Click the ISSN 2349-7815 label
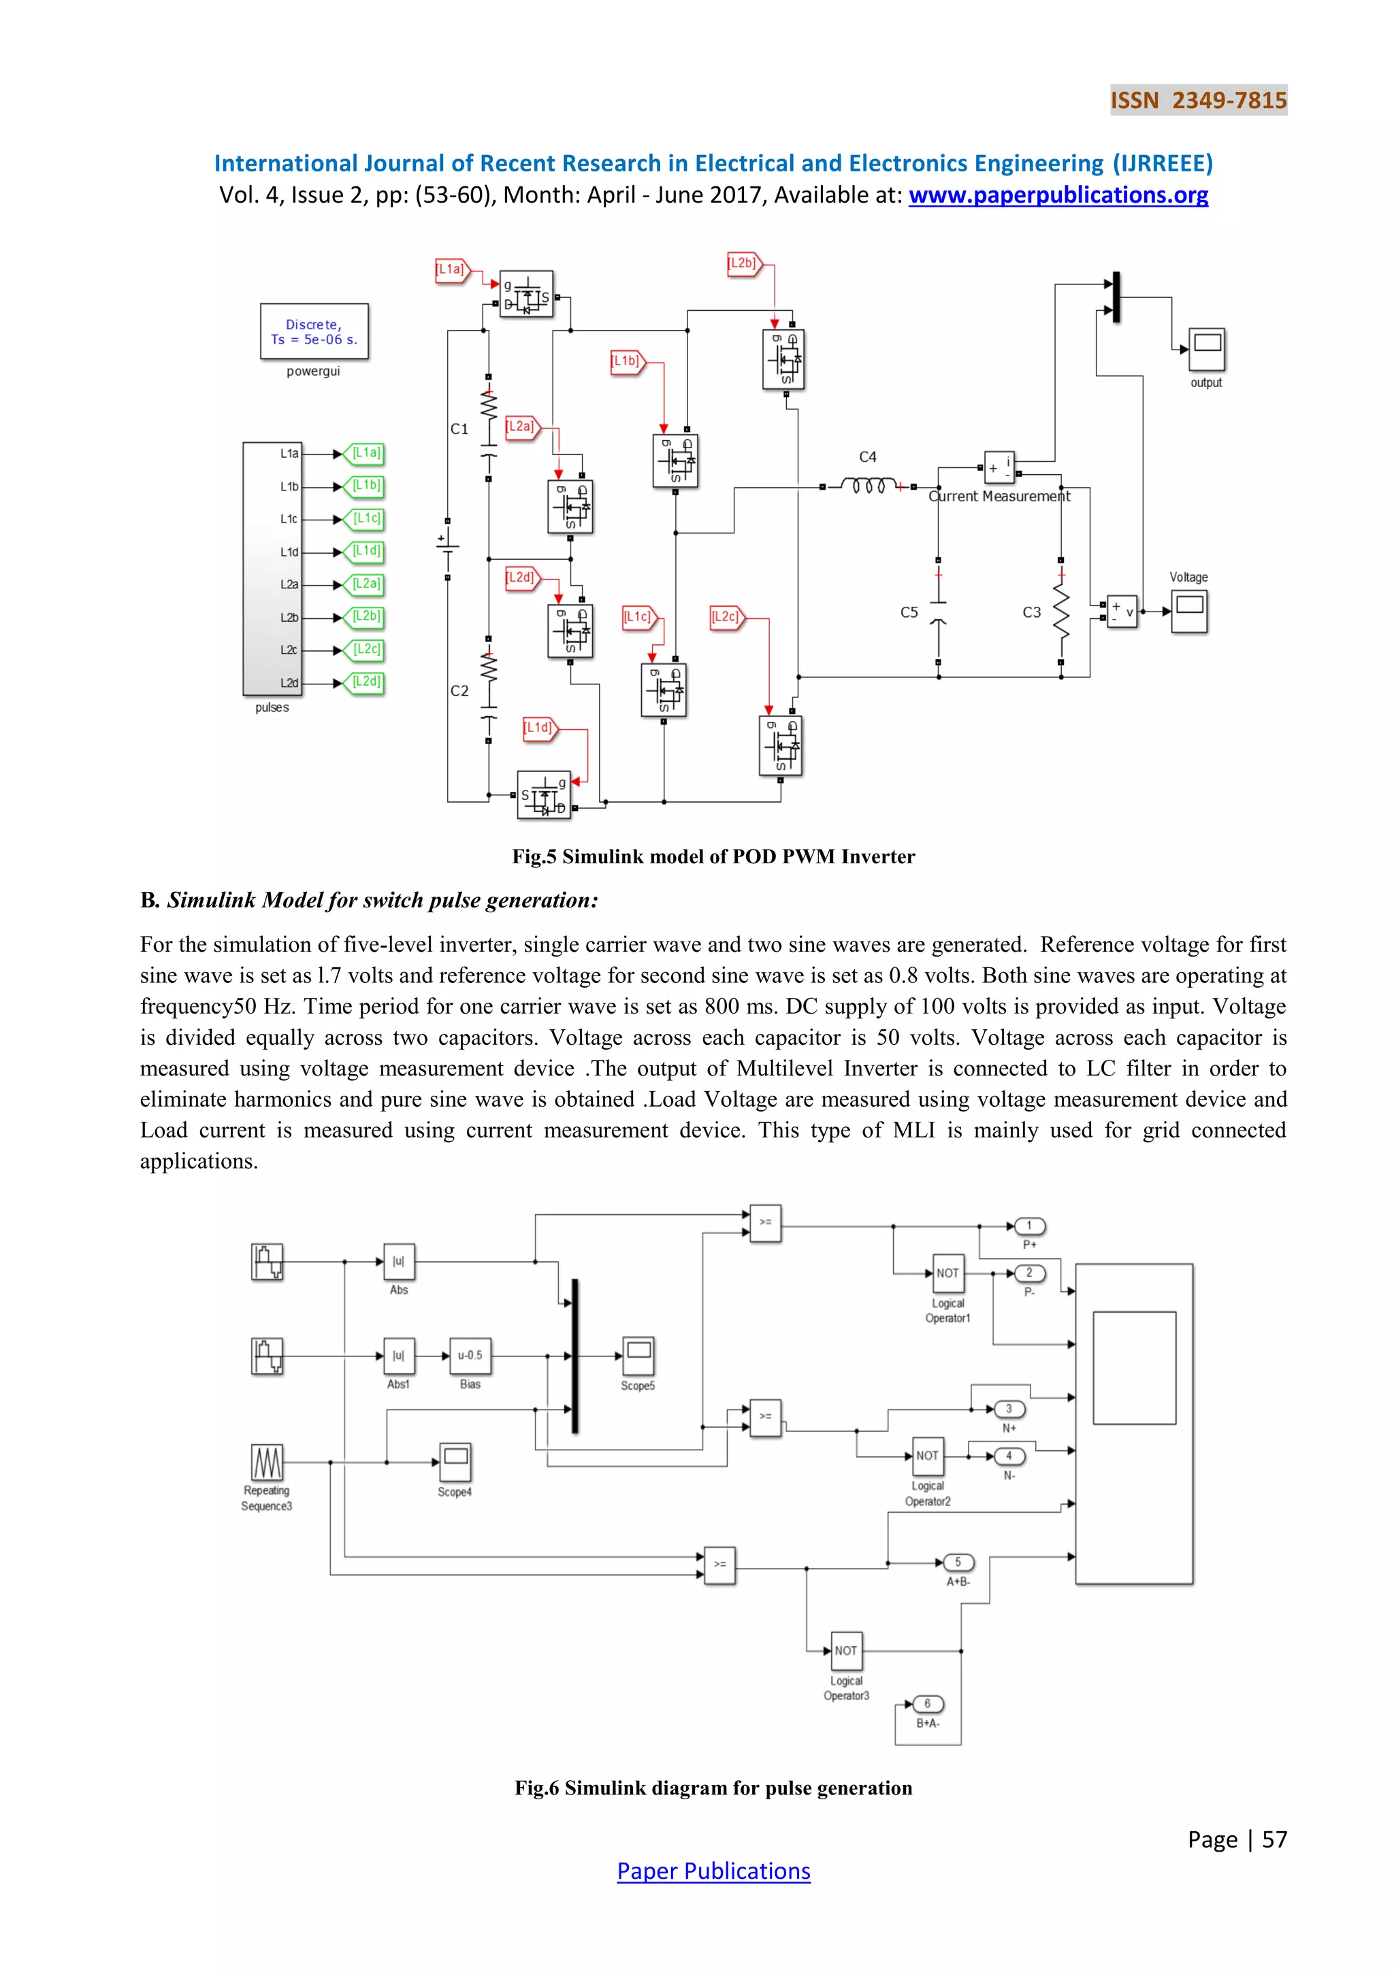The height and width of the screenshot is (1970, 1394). click(1198, 101)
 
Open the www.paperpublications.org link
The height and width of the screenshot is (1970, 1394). click(1058, 196)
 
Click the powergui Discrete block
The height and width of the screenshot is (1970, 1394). click(314, 332)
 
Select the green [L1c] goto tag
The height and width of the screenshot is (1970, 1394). click(365, 519)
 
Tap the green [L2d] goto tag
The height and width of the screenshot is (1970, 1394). click(365, 683)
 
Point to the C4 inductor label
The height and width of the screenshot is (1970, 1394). click(868, 457)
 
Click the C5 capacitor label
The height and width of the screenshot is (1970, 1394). click(909, 613)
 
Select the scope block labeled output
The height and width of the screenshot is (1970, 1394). click(1206, 349)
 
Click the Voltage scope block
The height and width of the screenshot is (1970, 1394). click(1190, 611)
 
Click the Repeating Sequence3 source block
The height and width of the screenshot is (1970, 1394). click(267, 1462)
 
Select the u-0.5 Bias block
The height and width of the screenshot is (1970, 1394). click(470, 1356)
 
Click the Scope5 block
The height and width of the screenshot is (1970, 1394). click(638, 1356)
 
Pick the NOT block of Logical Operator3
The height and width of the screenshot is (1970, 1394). click(846, 1650)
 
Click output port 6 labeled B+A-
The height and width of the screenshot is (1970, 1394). click(928, 1704)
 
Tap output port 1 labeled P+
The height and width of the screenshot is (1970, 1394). click(1029, 1226)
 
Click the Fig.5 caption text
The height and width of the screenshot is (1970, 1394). click(713, 856)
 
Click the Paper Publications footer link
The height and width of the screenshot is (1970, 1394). click(713, 1871)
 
